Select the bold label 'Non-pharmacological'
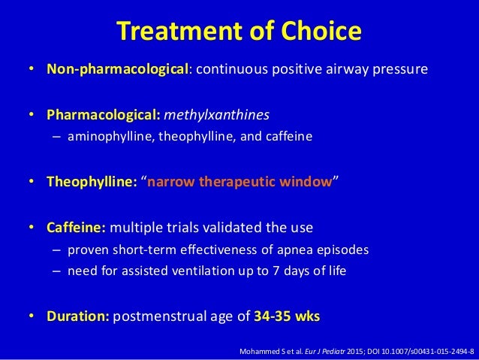(116, 70)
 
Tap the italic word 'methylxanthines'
(215, 116)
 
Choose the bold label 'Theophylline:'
(92, 182)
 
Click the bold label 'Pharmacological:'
(104, 116)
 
